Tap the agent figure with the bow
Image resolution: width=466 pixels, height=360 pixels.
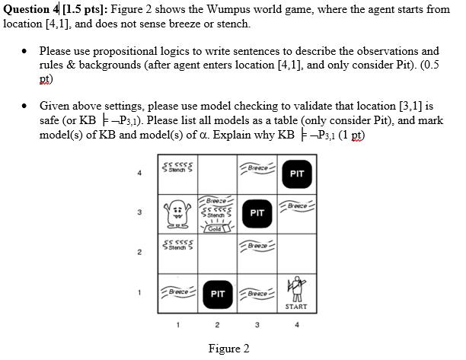coord(296,289)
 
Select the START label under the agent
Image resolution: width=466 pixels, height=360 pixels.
coord(296,307)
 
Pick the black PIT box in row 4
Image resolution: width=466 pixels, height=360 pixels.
coord(297,174)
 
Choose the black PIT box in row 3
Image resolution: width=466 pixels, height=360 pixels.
coord(257,213)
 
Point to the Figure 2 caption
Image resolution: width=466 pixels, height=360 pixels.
coord(228,349)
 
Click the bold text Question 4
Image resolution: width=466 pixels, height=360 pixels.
coord(31,9)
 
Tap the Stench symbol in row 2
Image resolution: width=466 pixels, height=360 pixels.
coord(178,245)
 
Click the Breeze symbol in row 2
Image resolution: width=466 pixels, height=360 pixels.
coord(257,245)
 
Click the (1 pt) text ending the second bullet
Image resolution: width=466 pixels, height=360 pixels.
coord(350,135)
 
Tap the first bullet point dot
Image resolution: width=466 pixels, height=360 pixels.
coord(25,51)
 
